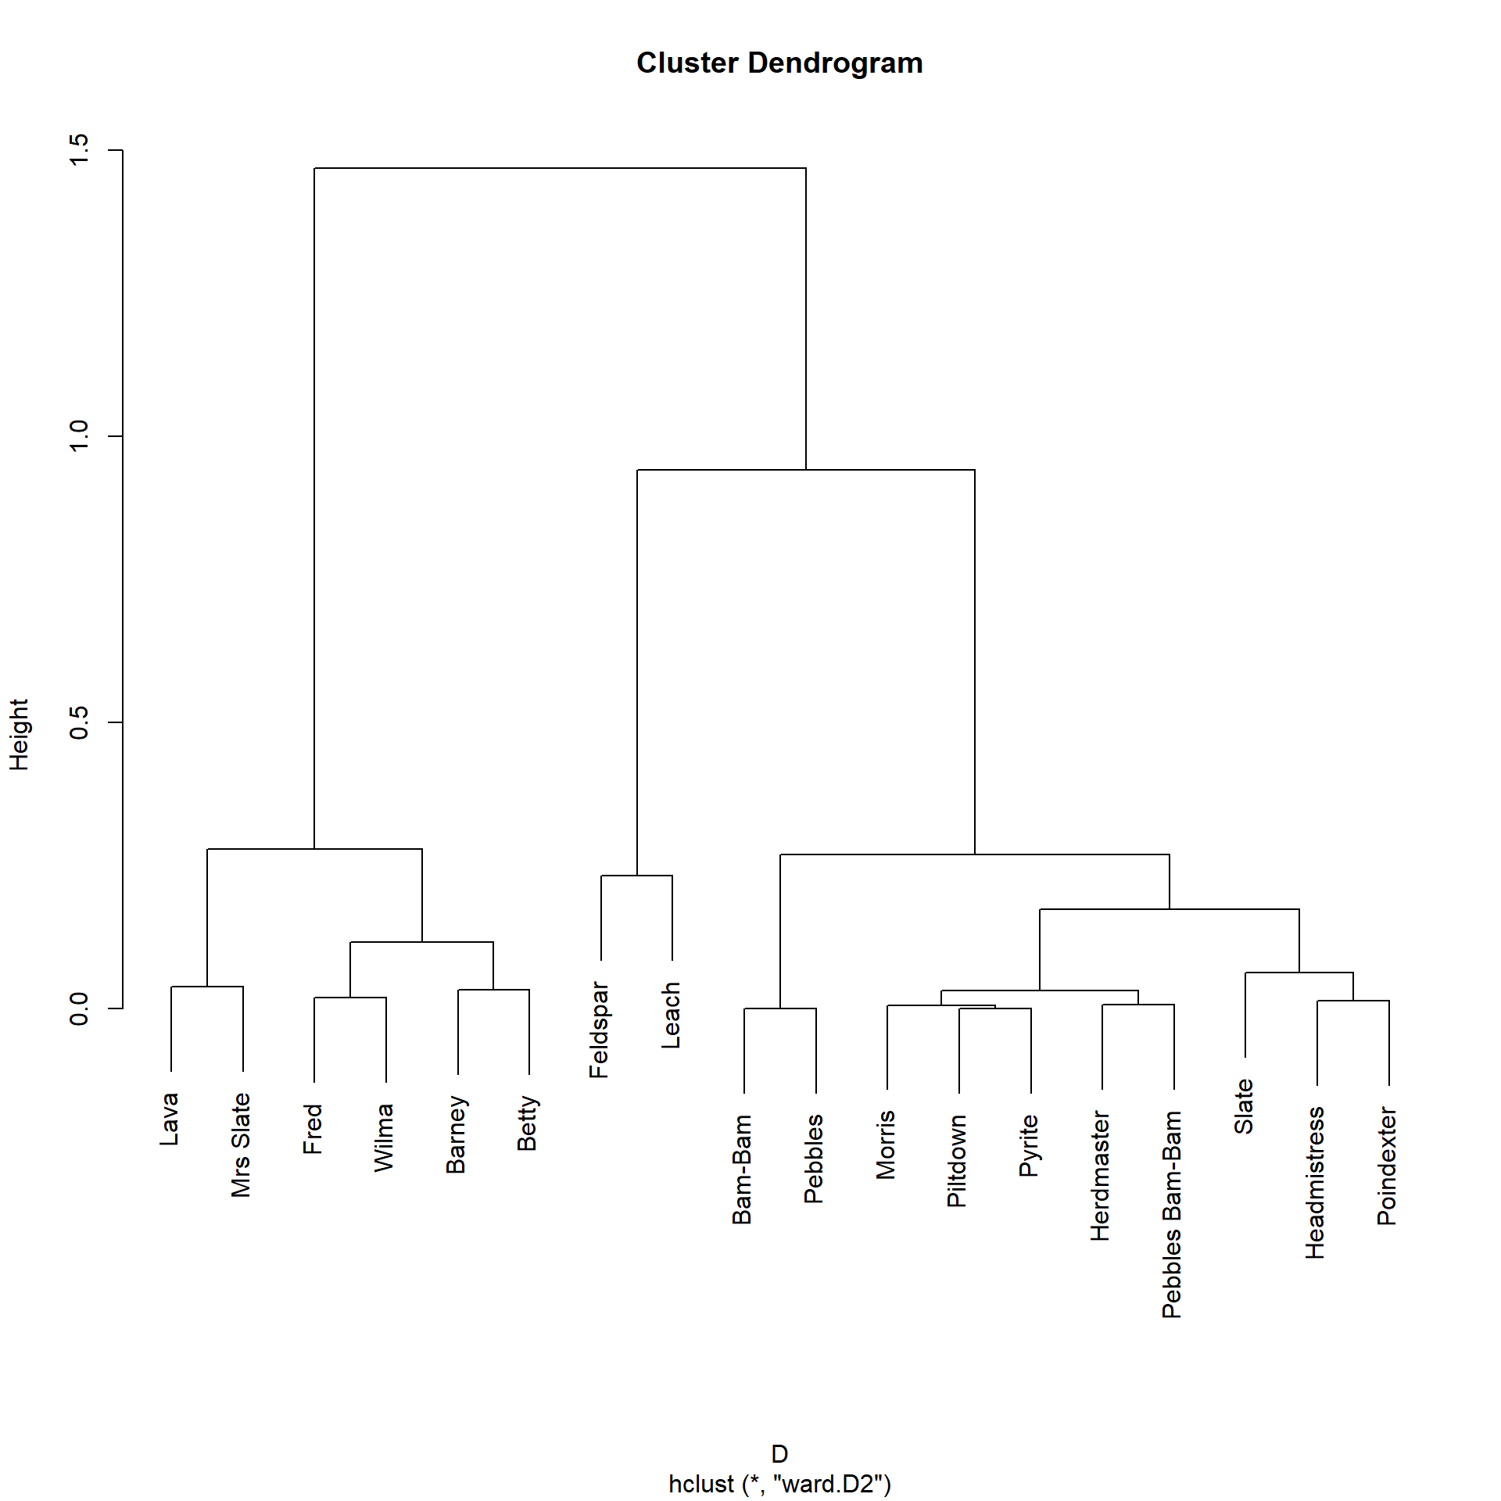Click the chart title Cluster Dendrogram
779,63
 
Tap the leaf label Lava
170,1119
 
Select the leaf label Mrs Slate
241,1145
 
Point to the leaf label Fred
313,1129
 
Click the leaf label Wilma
384,1137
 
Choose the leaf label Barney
456,1135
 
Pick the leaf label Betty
528,1123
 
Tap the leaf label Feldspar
599,1030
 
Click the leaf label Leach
671,1016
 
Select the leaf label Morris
886,1145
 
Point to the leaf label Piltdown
957,1161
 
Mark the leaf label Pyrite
1029,1145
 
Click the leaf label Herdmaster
1101,1176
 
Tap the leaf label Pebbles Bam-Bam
1172,1215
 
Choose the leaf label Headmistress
1316,1183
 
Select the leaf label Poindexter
1387,1166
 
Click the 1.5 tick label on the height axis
79,149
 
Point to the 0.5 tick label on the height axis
79,722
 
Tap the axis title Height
19,735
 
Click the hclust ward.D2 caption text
779,1484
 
